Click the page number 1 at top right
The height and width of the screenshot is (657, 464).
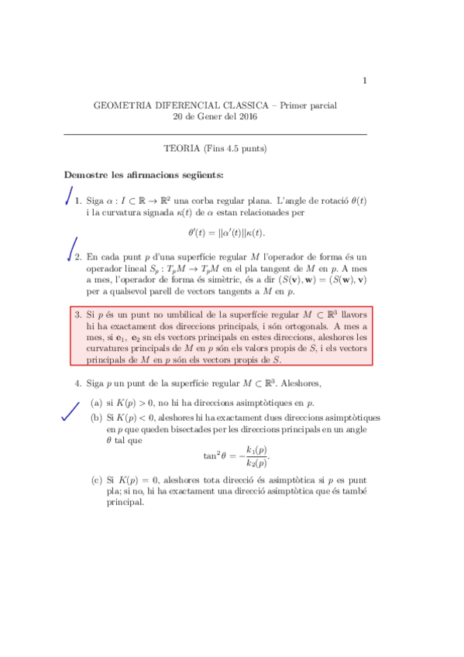(364, 81)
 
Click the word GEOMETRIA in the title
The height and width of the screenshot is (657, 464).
(122, 105)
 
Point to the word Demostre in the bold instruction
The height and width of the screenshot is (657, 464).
(86, 173)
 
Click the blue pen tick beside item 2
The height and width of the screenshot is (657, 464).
(72, 248)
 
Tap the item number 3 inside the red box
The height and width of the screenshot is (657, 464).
(77, 315)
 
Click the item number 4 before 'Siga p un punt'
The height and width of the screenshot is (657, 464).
(77, 383)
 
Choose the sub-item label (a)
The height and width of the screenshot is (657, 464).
(96, 403)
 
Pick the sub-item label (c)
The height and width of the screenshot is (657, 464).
(96, 480)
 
